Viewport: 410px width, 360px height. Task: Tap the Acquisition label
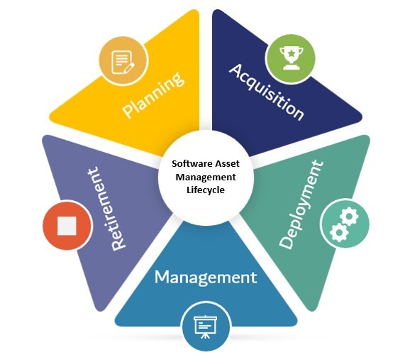click(x=267, y=92)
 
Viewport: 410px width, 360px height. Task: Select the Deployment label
click(x=301, y=204)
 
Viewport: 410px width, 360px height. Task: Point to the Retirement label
click(x=106, y=209)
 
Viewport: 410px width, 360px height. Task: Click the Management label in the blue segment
click(x=206, y=278)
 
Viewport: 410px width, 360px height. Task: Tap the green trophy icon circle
click(x=289, y=58)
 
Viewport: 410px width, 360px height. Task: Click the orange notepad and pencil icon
click(x=123, y=62)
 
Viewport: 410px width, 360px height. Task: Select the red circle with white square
click(x=67, y=225)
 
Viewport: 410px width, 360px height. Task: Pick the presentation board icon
click(x=206, y=327)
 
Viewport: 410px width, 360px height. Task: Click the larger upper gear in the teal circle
click(x=349, y=217)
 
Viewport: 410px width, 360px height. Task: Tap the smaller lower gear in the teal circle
click(x=338, y=232)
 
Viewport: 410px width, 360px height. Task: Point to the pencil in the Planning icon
click(x=128, y=68)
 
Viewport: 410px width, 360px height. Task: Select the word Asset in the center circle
click(x=227, y=164)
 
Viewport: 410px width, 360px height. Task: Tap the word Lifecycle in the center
click(x=206, y=190)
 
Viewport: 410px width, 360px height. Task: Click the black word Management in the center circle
click(x=206, y=178)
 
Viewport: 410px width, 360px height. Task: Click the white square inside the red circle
click(x=67, y=226)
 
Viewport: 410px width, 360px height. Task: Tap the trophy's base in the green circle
click(x=292, y=67)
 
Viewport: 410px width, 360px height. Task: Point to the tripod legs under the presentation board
click(x=206, y=336)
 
